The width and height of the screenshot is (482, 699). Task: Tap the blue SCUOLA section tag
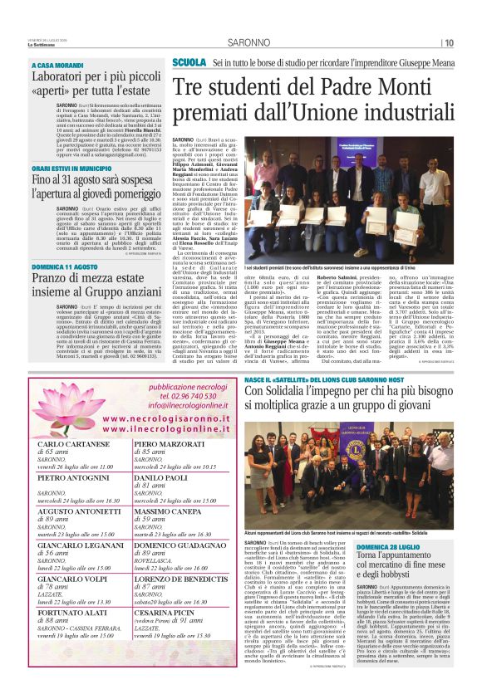pyautogui.click(x=189, y=63)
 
